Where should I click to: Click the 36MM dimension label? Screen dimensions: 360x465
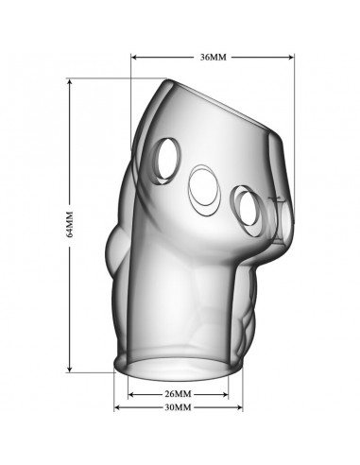214,58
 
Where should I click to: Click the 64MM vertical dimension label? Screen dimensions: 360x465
70,224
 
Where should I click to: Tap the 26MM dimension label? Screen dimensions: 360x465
178,394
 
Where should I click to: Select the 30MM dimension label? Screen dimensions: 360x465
178,407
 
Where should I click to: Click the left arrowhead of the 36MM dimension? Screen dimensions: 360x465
133,58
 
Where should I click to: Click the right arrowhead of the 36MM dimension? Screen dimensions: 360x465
291,58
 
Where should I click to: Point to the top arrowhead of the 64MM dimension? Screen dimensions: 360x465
70,81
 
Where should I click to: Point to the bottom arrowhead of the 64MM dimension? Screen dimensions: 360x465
70,369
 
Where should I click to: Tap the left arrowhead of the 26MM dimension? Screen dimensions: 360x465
131,394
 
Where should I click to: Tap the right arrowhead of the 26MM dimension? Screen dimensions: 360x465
225,394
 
